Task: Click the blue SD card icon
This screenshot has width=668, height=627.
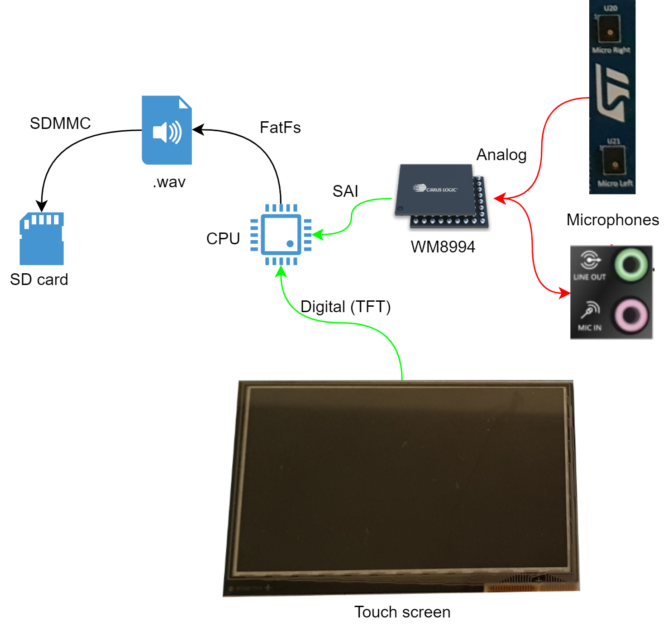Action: tap(42, 238)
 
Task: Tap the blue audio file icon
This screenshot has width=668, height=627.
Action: tap(167, 130)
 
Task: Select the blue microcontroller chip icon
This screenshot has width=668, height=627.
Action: tap(281, 234)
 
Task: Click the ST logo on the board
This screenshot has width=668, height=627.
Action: tap(612, 93)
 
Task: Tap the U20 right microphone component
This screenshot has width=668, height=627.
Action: tap(610, 30)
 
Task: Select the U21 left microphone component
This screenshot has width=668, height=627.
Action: tap(614, 163)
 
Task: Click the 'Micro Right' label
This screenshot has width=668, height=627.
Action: tap(611, 50)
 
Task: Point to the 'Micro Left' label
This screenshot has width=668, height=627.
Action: tap(615, 183)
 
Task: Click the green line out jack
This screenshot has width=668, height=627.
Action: tap(631, 264)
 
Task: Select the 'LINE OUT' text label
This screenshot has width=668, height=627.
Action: tap(589, 277)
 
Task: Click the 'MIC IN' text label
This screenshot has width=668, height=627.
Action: tap(590, 328)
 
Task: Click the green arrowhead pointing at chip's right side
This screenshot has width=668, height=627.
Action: tap(317, 234)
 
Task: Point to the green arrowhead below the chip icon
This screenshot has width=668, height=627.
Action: tap(282, 272)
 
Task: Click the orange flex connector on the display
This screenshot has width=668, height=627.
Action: tap(531, 588)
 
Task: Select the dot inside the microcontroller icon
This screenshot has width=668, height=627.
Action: tap(290, 244)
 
